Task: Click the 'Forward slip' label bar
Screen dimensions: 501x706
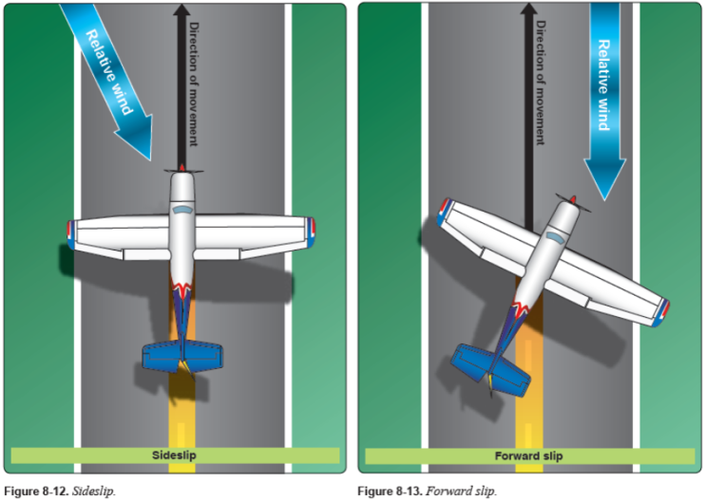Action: pyautogui.click(x=529, y=456)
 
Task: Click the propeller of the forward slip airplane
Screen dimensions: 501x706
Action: pyautogui.click(x=573, y=202)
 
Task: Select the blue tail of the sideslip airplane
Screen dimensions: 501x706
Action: pyautogui.click(x=181, y=356)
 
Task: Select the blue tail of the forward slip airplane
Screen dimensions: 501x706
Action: pyautogui.click(x=490, y=371)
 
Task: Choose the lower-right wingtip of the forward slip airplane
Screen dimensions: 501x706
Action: pyautogui.click(x=662, y=308)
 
